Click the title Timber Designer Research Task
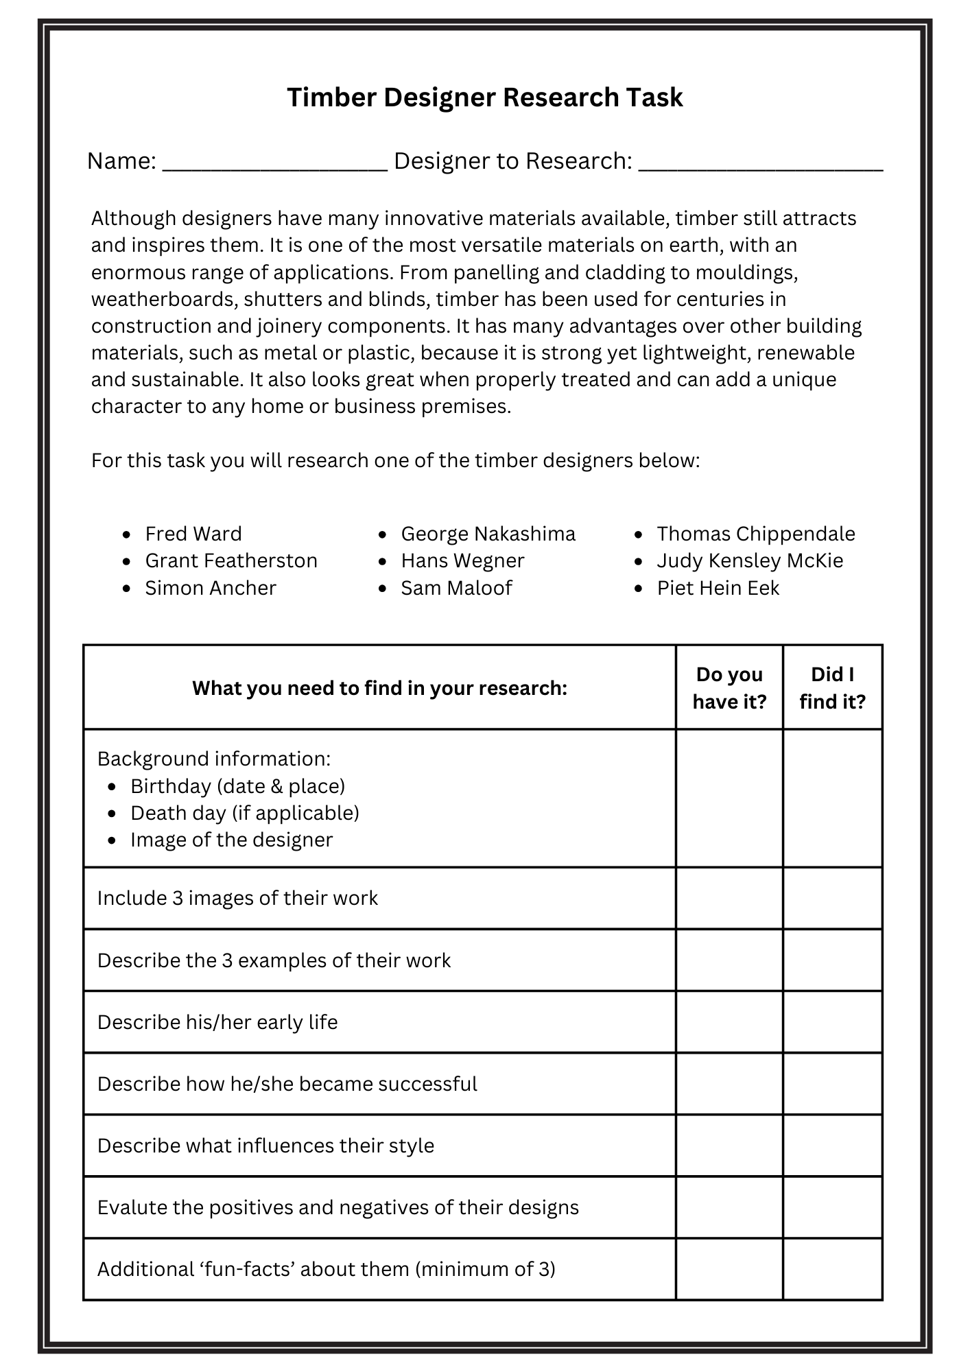coord(484,97)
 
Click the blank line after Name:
coord(275,165)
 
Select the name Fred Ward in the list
coord(193,534)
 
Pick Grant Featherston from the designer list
coord(231,560)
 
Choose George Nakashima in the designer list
coord(488,534)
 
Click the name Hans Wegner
coord(462,560)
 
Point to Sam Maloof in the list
coord(456,588)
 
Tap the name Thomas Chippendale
coord(756,534)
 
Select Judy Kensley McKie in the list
coord(750,560)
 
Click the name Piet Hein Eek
coord(718,588)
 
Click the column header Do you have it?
coord(729,687)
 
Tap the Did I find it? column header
coord(832,687)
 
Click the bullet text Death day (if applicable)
coord(245,813)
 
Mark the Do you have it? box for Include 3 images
coord(729,898)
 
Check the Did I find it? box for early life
coord(832,1021)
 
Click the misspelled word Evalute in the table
coord(132,1207)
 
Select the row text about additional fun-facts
coord(326,1269)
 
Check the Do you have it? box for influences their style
coord(729,1145)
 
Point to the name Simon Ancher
coord(211,588)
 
